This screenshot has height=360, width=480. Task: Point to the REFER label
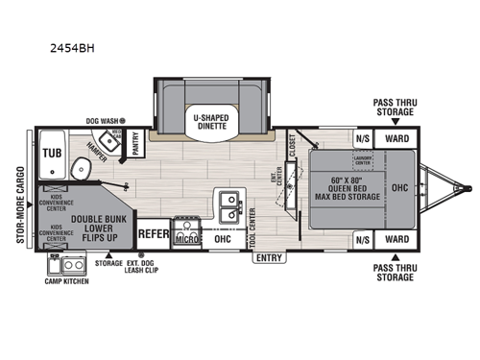[x=154, y=232]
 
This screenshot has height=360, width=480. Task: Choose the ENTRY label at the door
[x=271, y=257]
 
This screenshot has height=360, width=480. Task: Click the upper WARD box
[x=396, y=137]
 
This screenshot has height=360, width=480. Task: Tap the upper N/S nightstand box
[x=363, y=137]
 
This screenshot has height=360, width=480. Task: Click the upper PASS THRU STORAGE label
[x=396, y=105]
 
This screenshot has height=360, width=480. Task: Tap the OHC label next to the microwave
[x=222, y=239]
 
